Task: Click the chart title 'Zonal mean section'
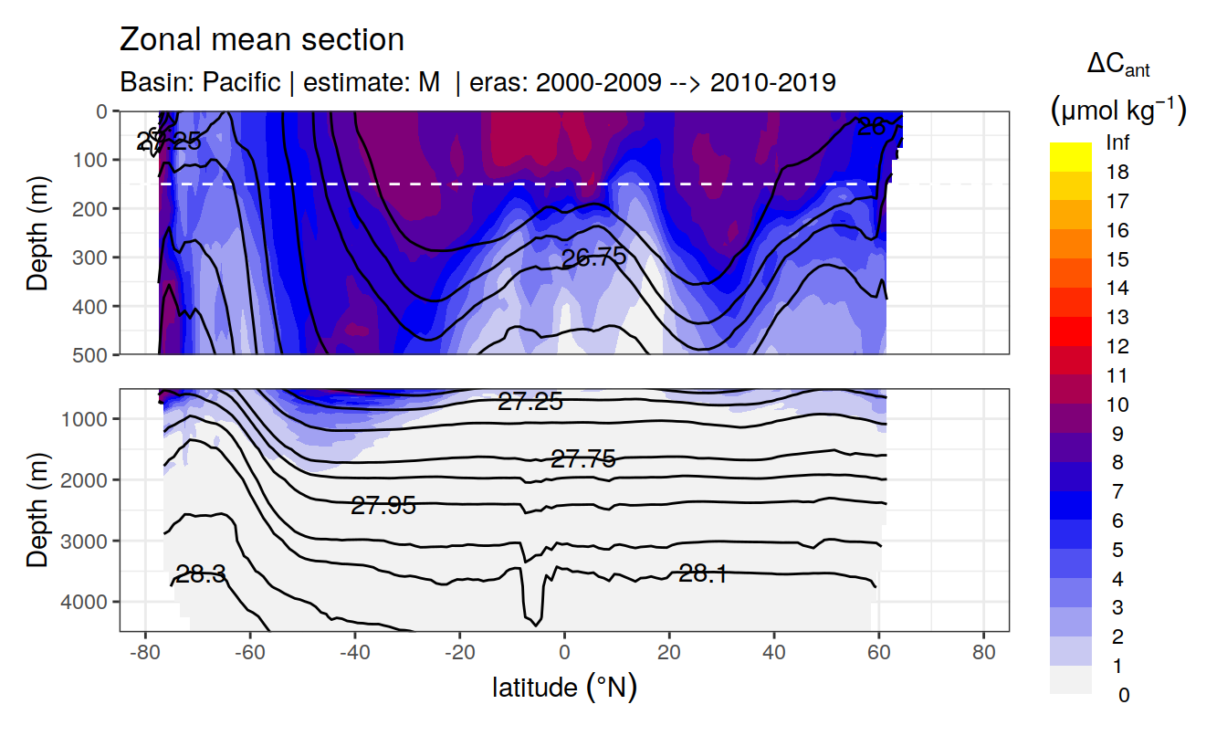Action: [x=261, y=40]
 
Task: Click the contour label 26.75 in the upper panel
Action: [x=593, y=258]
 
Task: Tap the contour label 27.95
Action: [x=383, y=505]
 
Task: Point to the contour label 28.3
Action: [x=201, y=574]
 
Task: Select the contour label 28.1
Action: [x=703, y=573]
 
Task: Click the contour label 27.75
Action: [x=583, y=460]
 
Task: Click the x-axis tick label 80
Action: [x=983, y=654]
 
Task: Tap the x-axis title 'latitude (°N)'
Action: [x=564, y=687]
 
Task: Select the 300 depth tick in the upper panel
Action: [x=94, y=257]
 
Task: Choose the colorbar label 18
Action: [x=1117, y=172]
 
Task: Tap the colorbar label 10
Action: [x=1117, y=405]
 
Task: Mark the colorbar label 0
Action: [x=1123, y=695]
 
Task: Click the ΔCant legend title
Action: [x=1117, y=65]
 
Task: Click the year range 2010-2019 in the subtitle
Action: [x=772, y=82]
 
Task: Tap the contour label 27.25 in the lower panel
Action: [x=530, y=401]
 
